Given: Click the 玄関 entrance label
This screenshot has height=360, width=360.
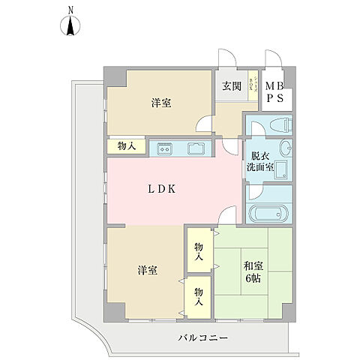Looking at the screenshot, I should (230, 85).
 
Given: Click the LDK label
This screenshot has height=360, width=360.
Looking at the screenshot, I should (160, 189).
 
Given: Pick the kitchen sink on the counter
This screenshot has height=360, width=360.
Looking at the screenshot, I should (196, 148).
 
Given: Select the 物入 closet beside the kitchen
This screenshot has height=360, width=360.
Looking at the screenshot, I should (127, 146).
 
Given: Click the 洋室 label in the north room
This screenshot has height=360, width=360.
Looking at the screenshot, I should (161, 103).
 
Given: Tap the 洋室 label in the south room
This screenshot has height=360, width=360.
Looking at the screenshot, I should (146, 271).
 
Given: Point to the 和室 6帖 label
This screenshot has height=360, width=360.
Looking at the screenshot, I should (251, 271).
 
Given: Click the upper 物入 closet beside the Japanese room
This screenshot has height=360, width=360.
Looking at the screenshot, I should (199, 252).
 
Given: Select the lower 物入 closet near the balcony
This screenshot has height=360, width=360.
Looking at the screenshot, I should (199, 297).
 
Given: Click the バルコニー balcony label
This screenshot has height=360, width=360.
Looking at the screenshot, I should (203, 338).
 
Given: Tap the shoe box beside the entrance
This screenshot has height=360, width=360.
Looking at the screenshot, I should (255, 82).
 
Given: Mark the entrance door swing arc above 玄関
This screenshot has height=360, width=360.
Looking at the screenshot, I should (226, 61).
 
